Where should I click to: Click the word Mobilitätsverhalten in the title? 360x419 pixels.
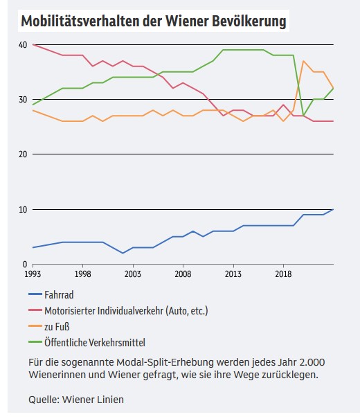80,21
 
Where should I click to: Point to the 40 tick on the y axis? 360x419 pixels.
24,44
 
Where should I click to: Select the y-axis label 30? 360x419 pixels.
24,100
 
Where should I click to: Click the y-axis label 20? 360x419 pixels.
24,154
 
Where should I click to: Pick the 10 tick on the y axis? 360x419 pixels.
24,209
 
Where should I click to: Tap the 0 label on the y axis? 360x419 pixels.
25,265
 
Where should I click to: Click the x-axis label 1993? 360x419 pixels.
33,274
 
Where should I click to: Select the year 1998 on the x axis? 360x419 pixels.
83,274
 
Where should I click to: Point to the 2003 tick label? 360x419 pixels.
133,274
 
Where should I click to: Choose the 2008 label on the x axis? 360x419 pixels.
183,274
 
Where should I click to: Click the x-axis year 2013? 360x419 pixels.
233,274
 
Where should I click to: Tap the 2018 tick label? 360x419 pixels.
283,274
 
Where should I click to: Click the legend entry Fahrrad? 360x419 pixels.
59,295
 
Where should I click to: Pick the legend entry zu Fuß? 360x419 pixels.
57,326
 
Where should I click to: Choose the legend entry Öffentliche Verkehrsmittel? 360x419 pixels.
95,342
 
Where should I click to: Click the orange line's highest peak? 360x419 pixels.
303,61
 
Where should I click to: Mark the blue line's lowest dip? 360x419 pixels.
123,253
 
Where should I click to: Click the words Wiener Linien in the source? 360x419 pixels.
93,400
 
